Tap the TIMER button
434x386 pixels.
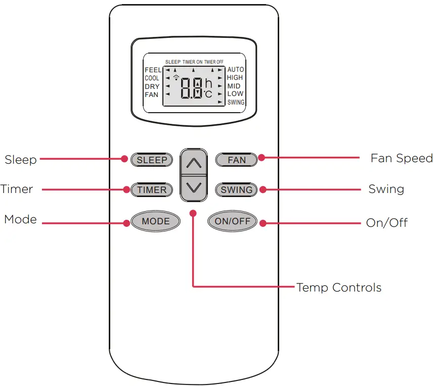click(x=152, y=190)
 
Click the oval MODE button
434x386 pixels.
click(x=155, y=221)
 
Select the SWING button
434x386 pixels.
click(x=236, y=190)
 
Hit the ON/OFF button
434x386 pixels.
click(x=233, y=221)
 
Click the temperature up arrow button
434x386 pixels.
click(x=194, y=163)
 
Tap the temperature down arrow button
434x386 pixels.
click(x=194, y=187)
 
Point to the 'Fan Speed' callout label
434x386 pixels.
click(x=402, y=158)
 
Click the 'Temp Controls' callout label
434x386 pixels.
click(x=338, y=288)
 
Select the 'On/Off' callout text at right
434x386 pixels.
click(x=386, y=223)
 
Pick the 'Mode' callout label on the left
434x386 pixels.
click(x=20, y=219)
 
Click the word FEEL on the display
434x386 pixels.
click(x=153, y=70)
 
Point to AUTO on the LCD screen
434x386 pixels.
click(x=235, y=69)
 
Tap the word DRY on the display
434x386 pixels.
click(x=152, y=86)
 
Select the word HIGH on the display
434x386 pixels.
click(x=235, y=78)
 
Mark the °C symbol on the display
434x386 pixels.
click(x=208, y=94)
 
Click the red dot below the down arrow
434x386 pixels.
click(x=193, y=213)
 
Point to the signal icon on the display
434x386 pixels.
click(x=176, y=77)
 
